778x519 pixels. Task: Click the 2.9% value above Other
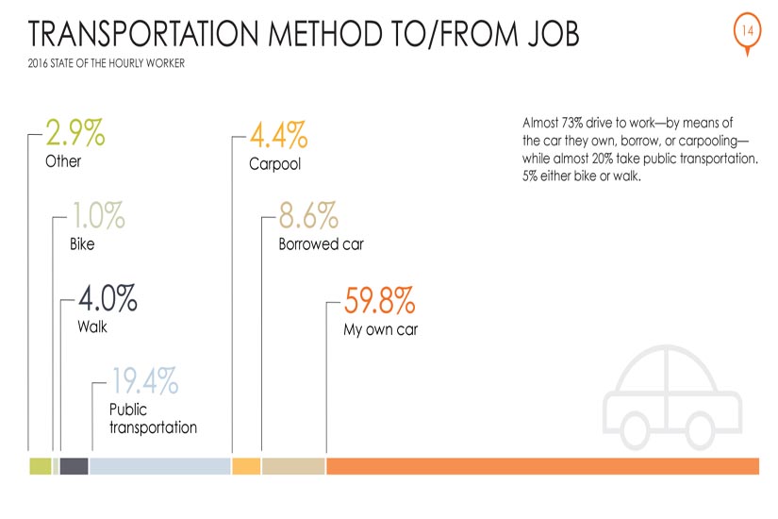tap(75, 132)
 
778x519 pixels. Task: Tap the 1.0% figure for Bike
tap(99, 215)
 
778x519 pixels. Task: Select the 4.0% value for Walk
tap(108, 298)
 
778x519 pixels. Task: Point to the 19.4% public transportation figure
tap(144, 381)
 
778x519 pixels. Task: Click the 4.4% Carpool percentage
tap(279, 135)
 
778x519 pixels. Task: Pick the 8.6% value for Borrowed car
tap(308, 215)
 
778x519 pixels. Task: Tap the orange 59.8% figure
tap(380, 300)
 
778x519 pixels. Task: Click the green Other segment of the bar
tap(41, 466)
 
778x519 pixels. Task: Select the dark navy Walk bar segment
tap(74, 466)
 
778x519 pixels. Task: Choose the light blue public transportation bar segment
tap(159, 466)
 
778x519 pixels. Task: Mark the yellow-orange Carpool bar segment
tap(246, 466)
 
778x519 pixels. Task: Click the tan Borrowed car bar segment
tap(293, 466)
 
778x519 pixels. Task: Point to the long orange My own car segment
tap(543, 466)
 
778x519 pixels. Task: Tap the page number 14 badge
tap(747, 31)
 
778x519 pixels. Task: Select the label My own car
tap(381, 329)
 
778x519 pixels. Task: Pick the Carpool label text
tap(274, 164)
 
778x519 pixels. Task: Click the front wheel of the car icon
tap(700, 431)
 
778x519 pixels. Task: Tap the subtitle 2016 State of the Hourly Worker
tap(107, 63)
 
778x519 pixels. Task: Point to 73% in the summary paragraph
tap(571, 123)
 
